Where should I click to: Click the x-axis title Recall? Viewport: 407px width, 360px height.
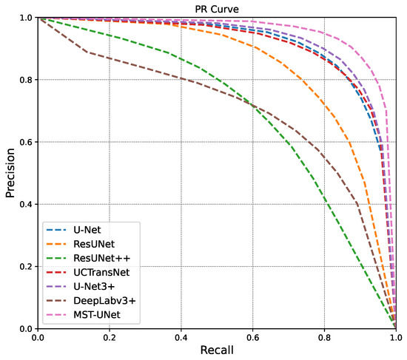pos(217,350)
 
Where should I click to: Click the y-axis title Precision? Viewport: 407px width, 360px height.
pos(10,173)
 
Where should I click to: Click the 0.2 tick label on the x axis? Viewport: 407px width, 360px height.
pos(110,337)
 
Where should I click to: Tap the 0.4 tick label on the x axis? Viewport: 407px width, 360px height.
pos(182,337)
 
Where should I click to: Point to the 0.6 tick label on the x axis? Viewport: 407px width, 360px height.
pos(253,337)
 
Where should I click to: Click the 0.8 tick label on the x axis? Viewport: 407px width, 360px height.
pos(325,337)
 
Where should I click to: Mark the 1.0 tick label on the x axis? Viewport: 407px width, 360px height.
pos(395,337)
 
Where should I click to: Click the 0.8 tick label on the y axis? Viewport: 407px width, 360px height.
pos(25,80)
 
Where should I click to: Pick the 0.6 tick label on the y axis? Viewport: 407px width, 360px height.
pos(25,142)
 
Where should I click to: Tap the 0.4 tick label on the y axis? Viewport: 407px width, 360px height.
pos(25,204)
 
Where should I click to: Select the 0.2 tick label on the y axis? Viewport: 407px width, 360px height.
pos(25,266)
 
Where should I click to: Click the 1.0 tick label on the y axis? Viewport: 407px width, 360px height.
pos(25,18)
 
